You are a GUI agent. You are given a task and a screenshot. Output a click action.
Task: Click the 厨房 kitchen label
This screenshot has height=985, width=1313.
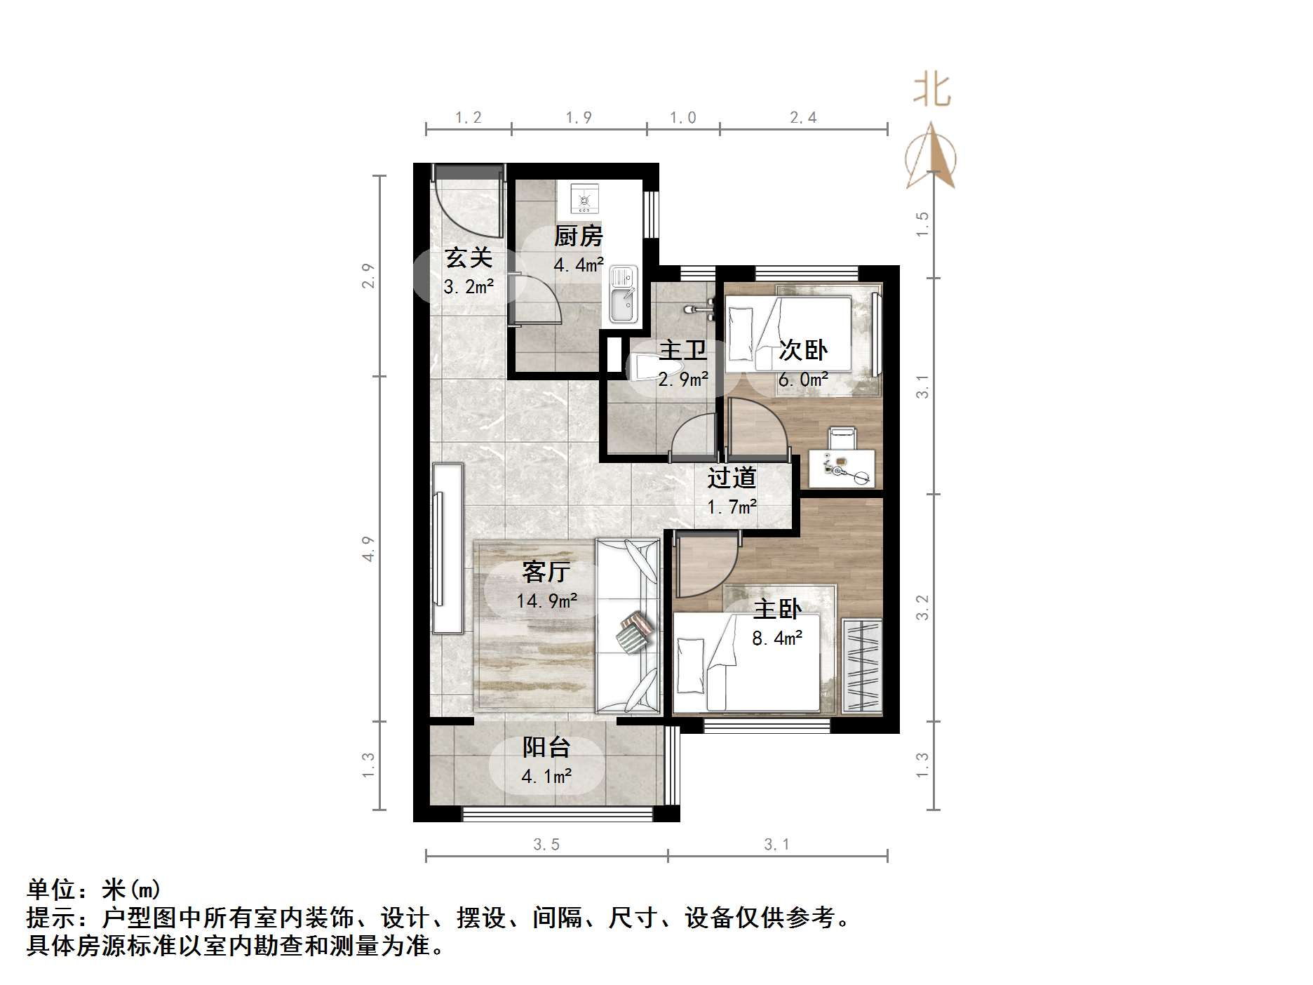point(578,236)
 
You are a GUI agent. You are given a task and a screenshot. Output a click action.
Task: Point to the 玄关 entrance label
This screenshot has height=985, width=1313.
point(469,257)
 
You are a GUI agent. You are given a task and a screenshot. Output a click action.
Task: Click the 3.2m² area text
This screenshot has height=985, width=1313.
point(469,286)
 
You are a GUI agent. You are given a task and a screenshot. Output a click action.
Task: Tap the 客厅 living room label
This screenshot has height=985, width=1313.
point(546,572)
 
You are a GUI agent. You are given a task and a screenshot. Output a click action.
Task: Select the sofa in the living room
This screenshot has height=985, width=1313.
point(628,626)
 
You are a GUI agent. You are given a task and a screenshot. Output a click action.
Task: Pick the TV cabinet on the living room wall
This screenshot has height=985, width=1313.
point(447,548)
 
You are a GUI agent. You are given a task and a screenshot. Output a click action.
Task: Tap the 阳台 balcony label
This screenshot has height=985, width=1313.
point(546,747)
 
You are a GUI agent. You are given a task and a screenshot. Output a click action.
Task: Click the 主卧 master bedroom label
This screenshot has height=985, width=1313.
point(777,609)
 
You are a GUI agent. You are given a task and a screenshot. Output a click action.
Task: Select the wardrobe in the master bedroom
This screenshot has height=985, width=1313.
point(861,666)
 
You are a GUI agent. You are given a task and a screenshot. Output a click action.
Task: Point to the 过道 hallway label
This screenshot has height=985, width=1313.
point(732,478)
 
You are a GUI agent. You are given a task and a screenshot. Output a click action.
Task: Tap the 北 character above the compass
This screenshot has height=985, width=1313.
point(931,91)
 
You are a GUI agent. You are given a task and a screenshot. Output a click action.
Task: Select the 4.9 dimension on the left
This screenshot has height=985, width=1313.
point(369,548)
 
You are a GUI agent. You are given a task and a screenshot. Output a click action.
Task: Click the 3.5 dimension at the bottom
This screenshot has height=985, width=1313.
point(546,844)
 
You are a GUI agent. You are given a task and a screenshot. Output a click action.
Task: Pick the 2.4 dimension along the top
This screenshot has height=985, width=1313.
point(803,117)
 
